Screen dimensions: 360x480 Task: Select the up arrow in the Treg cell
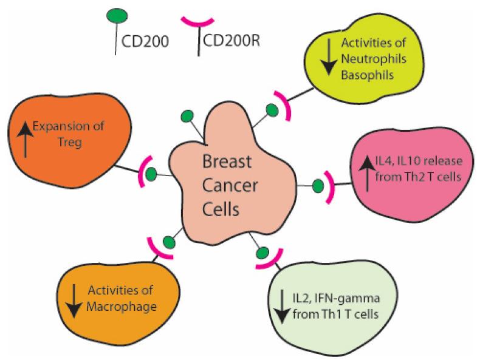(25, 138)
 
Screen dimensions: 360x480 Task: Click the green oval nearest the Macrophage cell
(171, 241)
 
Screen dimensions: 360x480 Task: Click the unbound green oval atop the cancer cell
(188, 115)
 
